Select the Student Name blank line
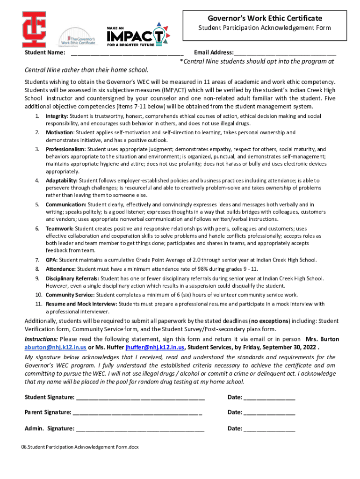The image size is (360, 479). pyautogui.click(x=127, y=53)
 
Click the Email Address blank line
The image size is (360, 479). pyautogui.click(x=285, y=53)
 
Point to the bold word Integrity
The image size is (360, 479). pyautogui.click(x=57, y=116)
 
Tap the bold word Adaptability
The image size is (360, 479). pyautogui.click(x=62, y=181)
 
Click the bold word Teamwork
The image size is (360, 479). pyautogui.click(x=59, y=229)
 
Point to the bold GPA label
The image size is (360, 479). pyautogui.click(x=51, y=260)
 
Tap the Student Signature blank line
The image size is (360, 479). pyautogui.click(x=140, y=398)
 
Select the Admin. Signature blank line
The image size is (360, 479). pyautogui.click(x=140, y=429)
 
